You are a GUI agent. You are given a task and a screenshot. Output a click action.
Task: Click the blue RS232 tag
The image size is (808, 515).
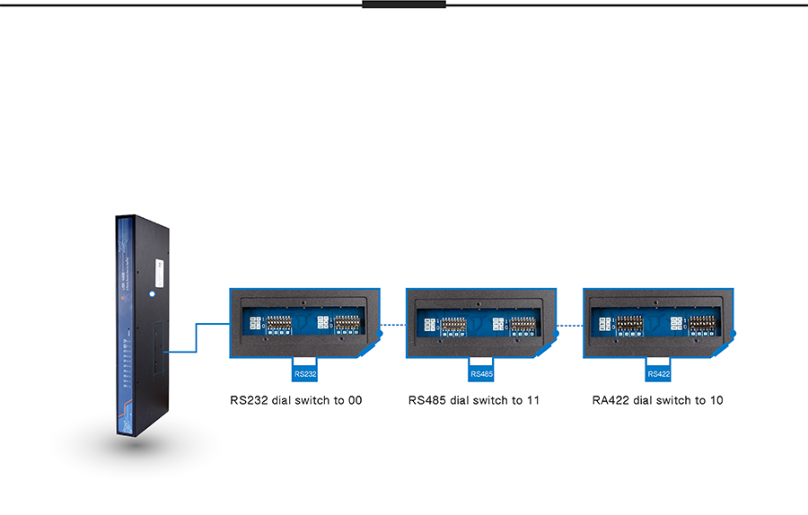point(305,373)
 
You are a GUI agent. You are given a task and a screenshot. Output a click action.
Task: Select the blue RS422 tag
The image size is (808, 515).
point(659,373)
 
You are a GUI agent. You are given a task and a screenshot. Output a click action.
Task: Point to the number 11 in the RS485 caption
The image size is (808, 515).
point(532,400)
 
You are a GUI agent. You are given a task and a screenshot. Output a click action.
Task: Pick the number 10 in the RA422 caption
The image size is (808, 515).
point(716,400)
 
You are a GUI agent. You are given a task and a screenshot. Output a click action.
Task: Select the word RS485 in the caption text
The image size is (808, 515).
point(427,400)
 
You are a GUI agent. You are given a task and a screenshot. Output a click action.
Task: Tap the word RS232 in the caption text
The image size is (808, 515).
point(249,400)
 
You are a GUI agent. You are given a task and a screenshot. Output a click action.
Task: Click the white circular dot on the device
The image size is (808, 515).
point(154,292)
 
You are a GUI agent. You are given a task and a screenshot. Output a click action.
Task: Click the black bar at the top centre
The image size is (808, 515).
point(404,4)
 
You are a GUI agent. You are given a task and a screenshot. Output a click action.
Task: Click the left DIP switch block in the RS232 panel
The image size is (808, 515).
point(272,324)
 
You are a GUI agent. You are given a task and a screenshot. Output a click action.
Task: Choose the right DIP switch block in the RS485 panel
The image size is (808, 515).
point(523,324)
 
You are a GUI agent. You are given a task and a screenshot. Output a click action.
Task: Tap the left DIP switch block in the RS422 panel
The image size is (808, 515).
point(628,324)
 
